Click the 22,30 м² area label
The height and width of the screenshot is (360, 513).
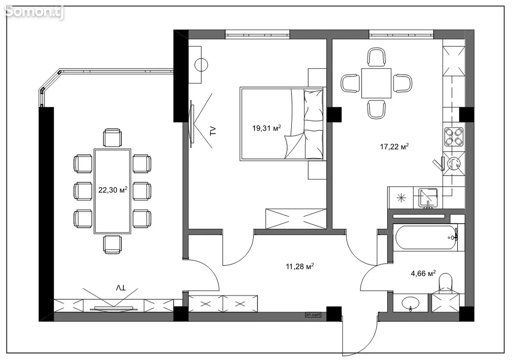point(113,190)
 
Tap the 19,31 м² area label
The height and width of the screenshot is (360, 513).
point(266,128)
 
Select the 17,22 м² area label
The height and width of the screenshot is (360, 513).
point(394,146)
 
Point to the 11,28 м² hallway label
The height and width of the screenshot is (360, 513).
point(300,266)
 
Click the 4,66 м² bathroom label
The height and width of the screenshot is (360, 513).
point(423,273)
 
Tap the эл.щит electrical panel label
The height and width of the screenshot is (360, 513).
point(313,315)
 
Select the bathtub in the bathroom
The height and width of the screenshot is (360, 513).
point(426,237)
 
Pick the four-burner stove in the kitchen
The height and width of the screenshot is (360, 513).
point(454,137)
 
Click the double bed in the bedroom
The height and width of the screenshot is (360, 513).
point(283,124)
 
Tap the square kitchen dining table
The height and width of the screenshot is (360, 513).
point(376,83)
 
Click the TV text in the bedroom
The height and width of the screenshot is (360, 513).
point(213,131)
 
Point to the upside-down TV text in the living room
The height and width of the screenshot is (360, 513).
point(121,288)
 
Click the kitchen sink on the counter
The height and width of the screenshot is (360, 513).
point(428,198)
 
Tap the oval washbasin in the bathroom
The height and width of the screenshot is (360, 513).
point(410,303)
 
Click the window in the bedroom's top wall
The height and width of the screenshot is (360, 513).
point(257,35)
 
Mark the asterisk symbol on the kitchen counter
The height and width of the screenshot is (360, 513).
point(401,198)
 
